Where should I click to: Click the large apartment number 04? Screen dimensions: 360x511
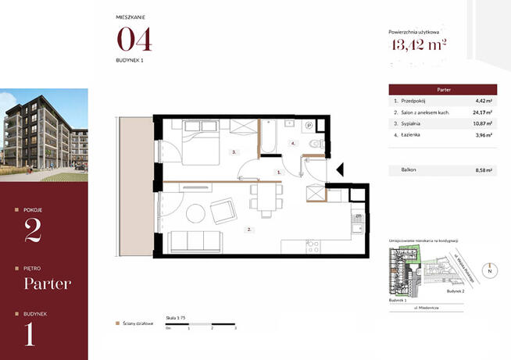(134, 39)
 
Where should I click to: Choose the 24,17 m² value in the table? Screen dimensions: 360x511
(484, 113)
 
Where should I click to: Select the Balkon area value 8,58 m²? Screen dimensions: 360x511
(484, 169)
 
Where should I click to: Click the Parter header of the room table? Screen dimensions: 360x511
(442, 90)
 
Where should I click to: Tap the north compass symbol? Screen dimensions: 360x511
(490, 271)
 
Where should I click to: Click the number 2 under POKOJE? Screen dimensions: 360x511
(33, 231)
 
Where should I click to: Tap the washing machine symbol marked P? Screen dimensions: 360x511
(309, 125)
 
